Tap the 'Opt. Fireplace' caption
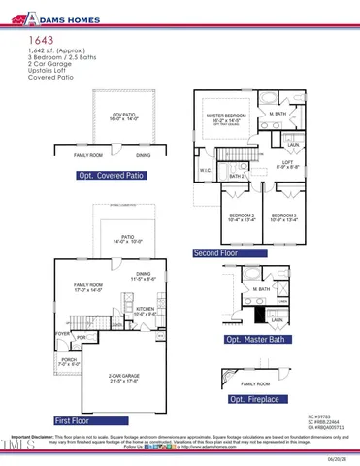point(254,399)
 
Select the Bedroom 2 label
point(242,215)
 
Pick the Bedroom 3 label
point(284,215)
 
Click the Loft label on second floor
point(287,162)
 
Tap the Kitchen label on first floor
point(145,311)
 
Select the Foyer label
point(63,334)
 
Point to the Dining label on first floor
point(144,274)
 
